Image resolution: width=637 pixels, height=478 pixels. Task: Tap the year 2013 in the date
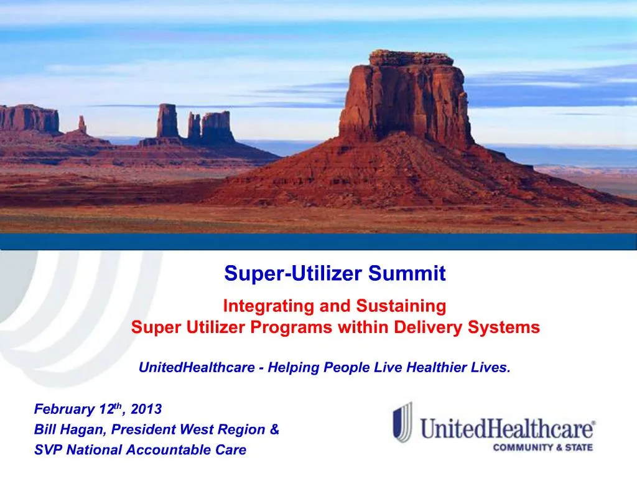146,410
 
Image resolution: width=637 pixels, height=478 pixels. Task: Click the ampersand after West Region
275,429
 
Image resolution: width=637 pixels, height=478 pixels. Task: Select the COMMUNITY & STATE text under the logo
543,447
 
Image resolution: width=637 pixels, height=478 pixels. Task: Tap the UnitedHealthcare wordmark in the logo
508,429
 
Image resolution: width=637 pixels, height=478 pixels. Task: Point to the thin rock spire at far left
81,124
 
